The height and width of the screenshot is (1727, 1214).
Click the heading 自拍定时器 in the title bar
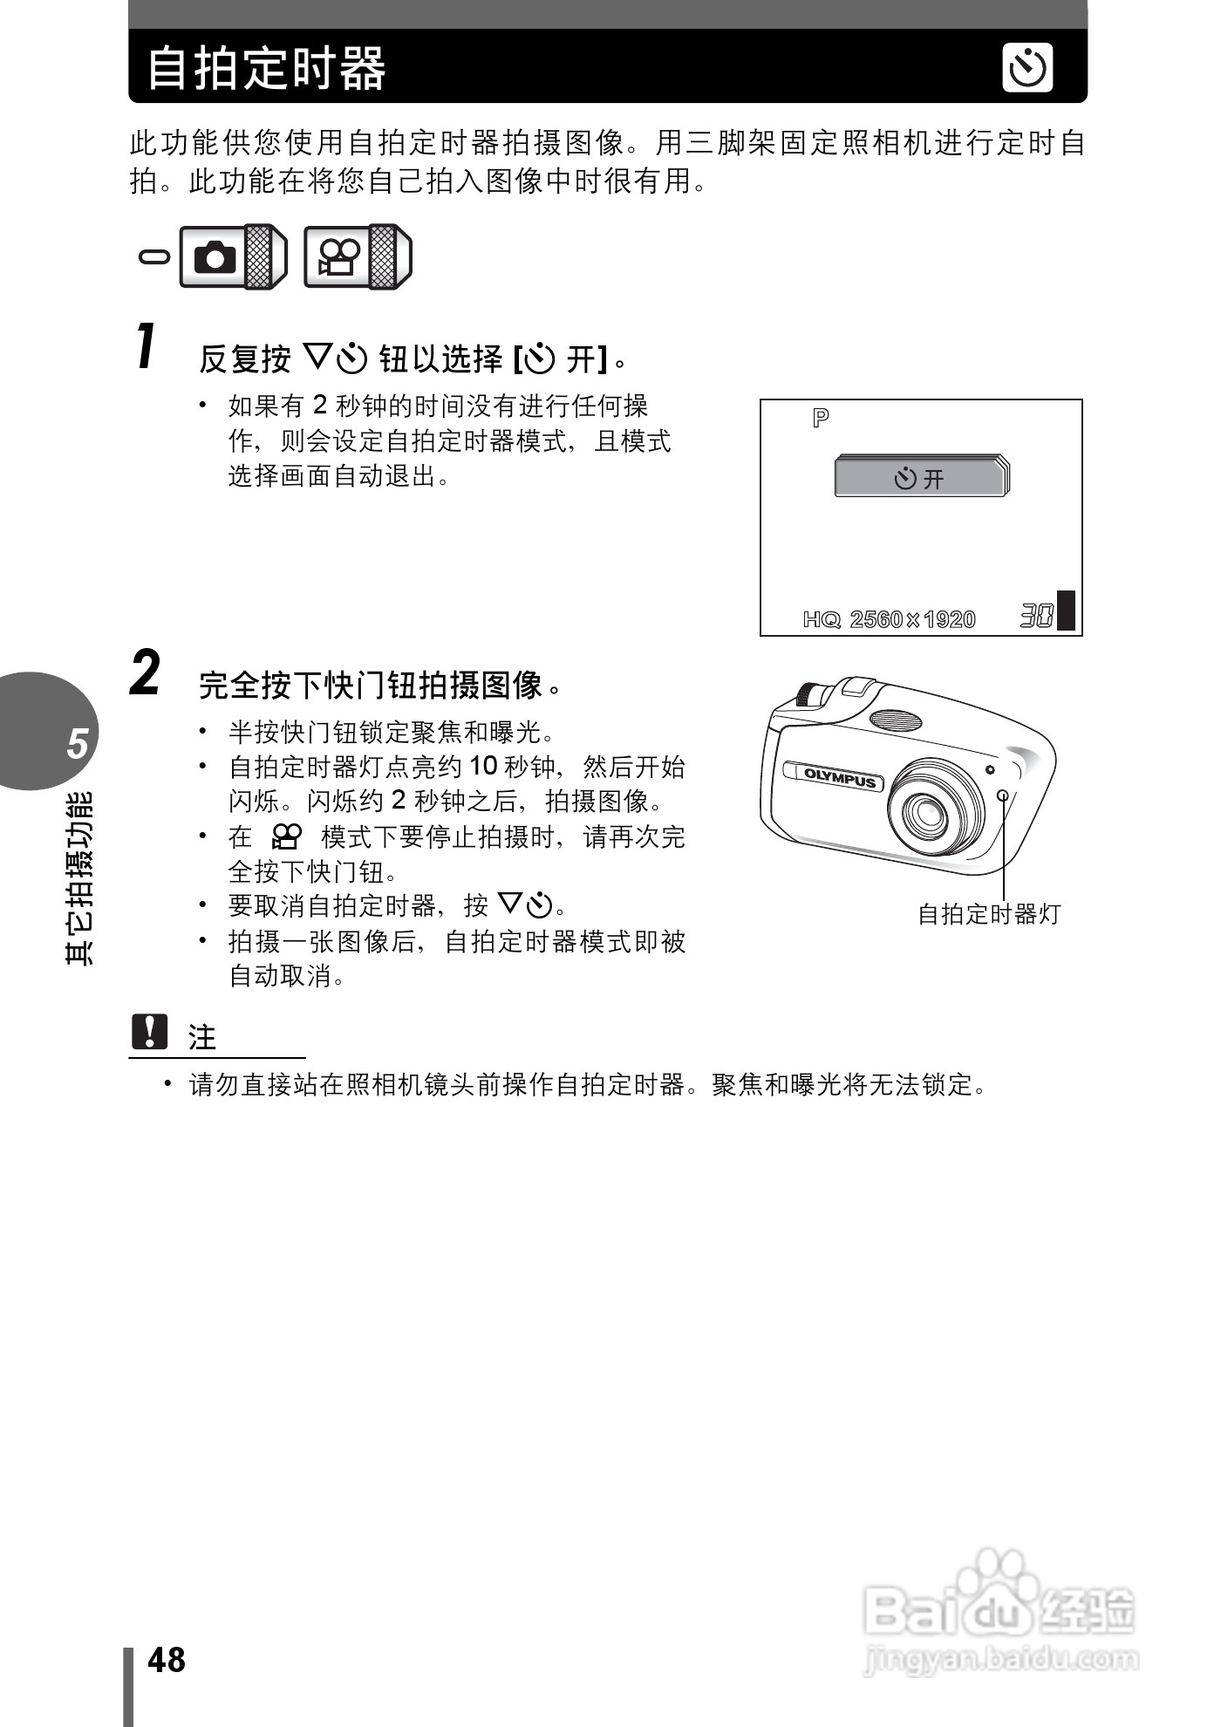pyautogui.click(x=266, y=69)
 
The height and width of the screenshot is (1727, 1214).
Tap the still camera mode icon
pyautogui.click(x=215, y=257)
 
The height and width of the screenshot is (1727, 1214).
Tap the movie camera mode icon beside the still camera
pyautogui.click(x=338, y=257)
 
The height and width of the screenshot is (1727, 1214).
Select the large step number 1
pyautogui.click(x=147, y=346)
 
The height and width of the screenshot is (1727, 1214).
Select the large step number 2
pyautogui.click(x=146, y=673)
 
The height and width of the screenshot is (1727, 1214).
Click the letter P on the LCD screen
pyautogui.click(x=820, y=419)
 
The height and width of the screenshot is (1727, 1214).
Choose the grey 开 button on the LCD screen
pyautogui.click(x=920, y=477)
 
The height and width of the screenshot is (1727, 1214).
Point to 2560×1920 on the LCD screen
pyautogui.click(x=912, y=619)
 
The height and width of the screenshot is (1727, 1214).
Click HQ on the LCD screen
pyautogui.click(x=821, y=619)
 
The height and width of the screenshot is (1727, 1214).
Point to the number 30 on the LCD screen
pyautogui.click(x=1036, y=617)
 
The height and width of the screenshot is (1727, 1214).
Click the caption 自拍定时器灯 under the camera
pyautogui.click(x=989, y=914)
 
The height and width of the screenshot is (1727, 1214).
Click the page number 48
pyautogui.click(x=167, y=1660)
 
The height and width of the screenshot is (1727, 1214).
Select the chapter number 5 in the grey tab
pyautogui.click(x=78, y=744)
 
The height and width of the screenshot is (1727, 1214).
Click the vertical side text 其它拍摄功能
pyautogui.click(x=78, y=877)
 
